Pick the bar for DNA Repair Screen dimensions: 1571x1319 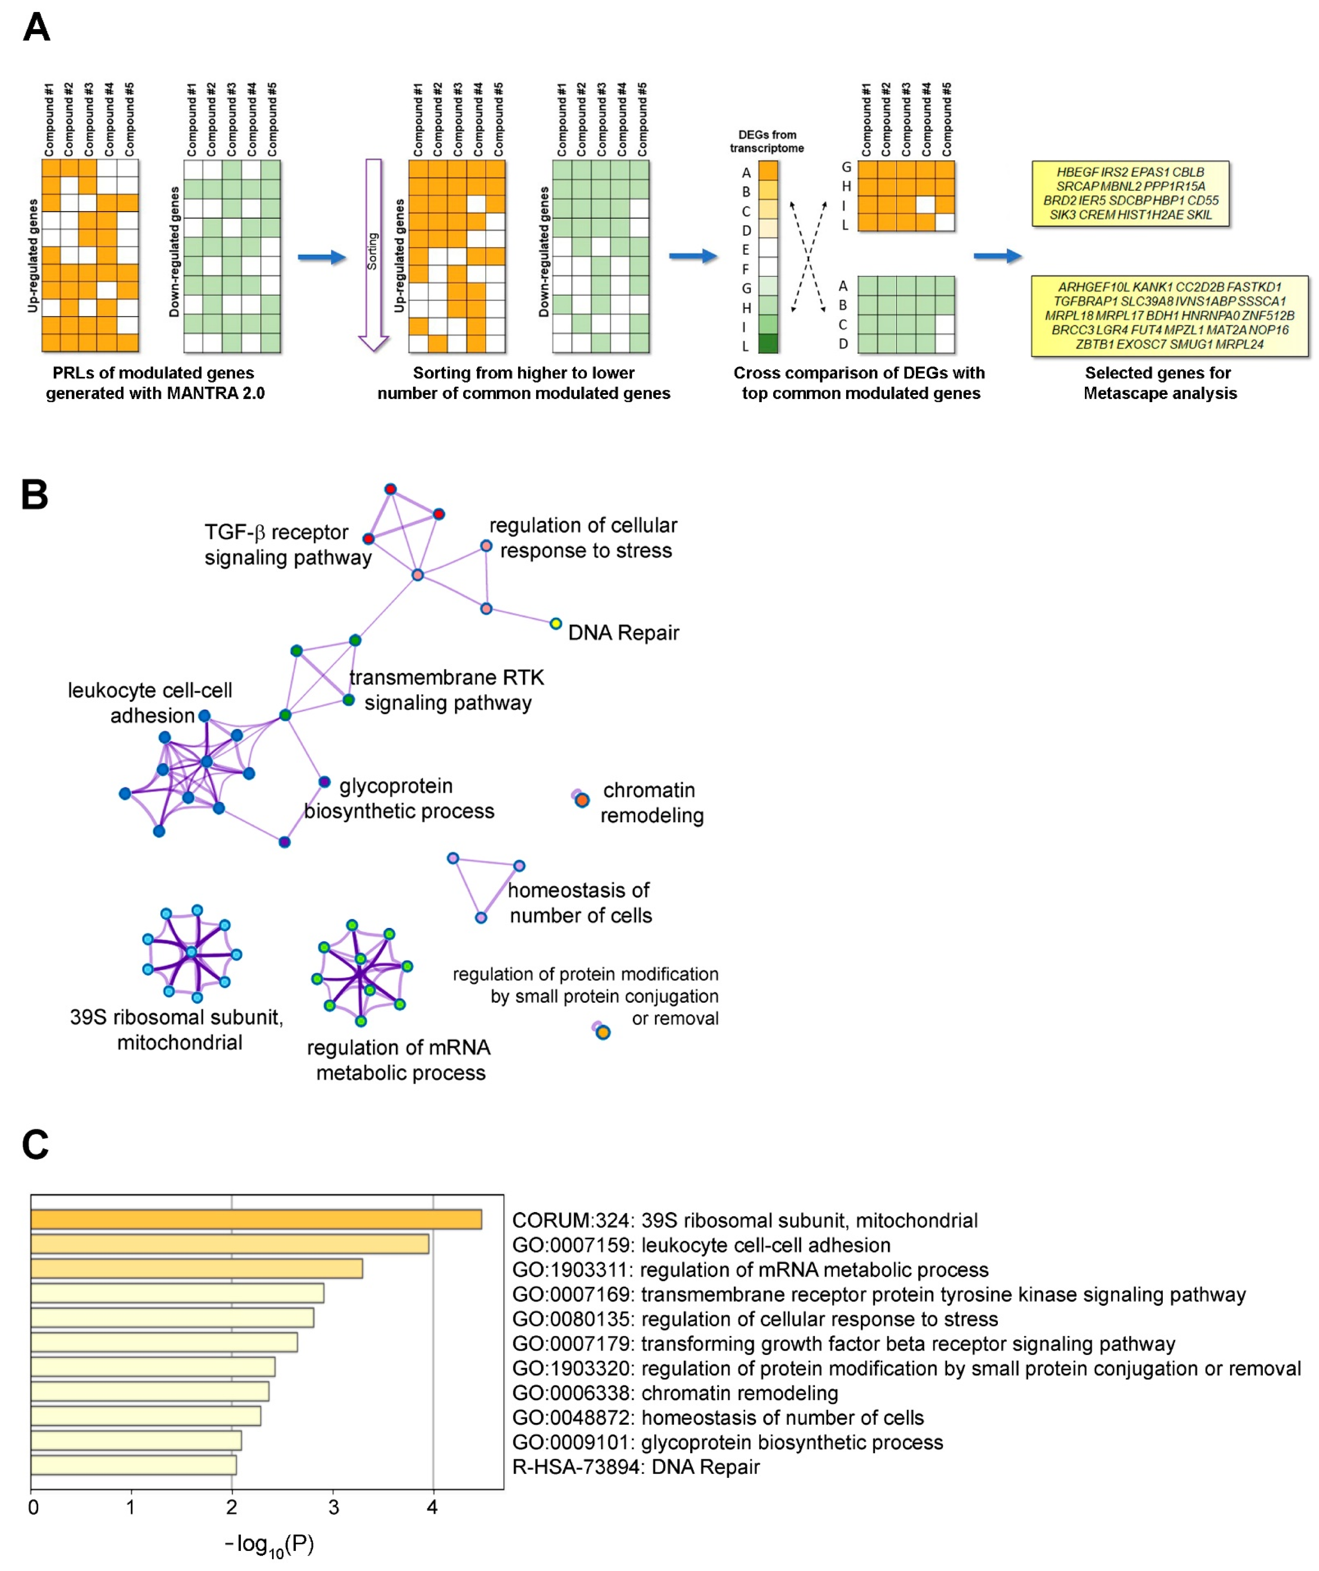pyautogui.click(x=133, y=1465)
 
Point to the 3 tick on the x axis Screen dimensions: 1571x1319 pyautogui.click(x=333, y=1507)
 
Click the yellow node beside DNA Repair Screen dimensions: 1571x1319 pyautogui.click(x=555, y=624)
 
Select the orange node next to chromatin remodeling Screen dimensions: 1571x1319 pyautogui.click(x=582, y=800)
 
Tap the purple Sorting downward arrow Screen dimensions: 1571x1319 pyautogui.click(x=373, y=254)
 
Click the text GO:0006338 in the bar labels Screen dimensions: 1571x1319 pyautogui.click(x=572, y=1393)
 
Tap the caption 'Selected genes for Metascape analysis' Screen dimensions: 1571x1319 pyautogui.click(x=1159, y=383)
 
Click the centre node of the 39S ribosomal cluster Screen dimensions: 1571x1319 pyautogui.click(x=192, y=952)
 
